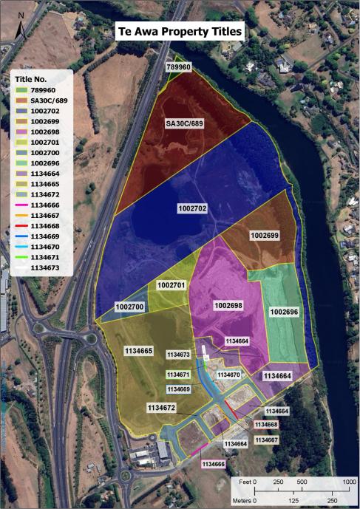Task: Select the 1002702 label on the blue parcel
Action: [x=191, y=209]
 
